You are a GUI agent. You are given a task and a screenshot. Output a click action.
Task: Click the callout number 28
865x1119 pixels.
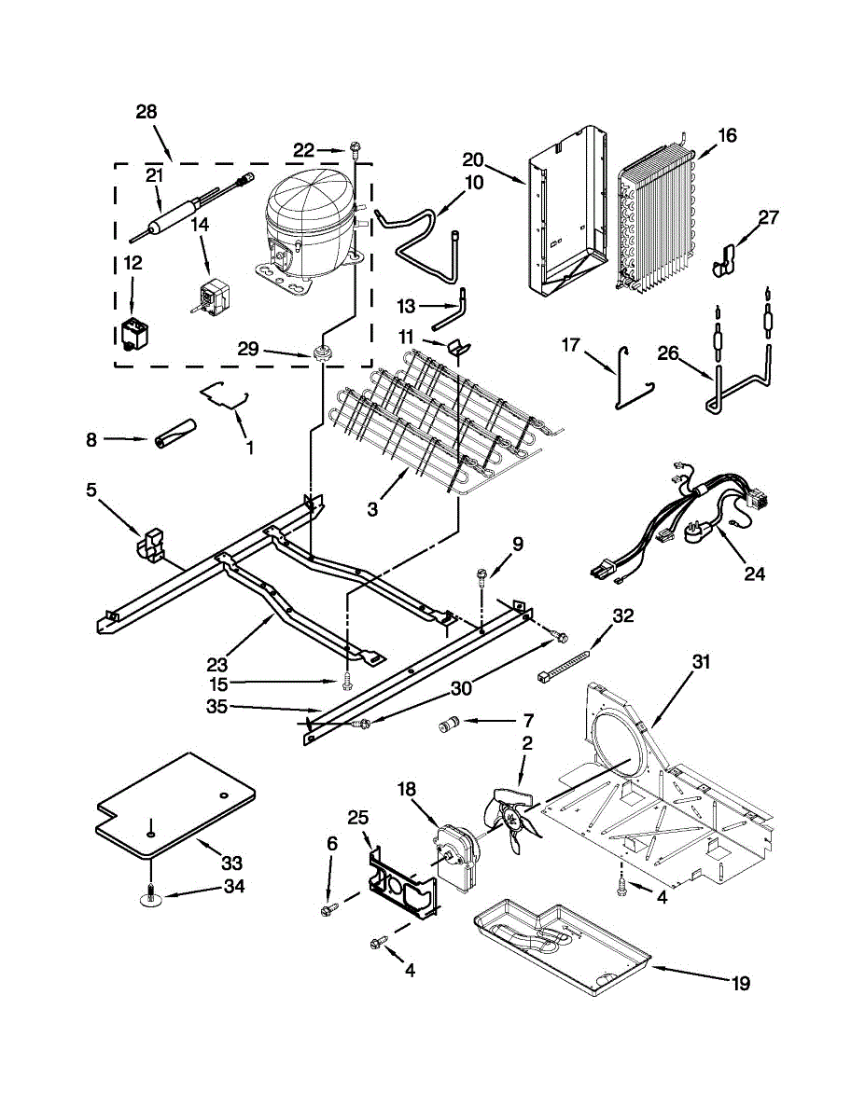(146, 112)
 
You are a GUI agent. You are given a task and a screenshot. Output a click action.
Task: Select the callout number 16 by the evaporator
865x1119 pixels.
(727, 136)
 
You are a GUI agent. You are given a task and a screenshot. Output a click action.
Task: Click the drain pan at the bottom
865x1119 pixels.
(560, 937)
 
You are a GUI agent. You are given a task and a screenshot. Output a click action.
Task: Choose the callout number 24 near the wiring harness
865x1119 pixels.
(754, 574)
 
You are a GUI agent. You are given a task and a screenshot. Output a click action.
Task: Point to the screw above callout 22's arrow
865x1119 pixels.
(356, 147)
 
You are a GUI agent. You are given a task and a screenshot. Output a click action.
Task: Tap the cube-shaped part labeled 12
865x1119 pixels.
(133, 335)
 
